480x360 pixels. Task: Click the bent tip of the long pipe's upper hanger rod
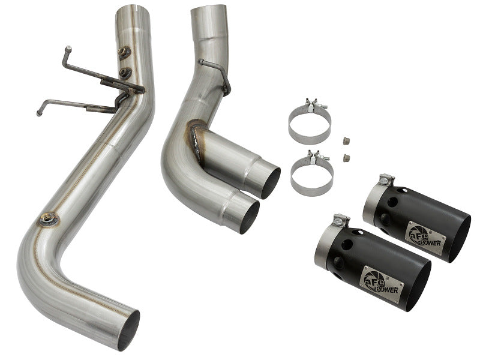tap(67, 49)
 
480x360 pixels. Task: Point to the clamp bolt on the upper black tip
tap(386, 179)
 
